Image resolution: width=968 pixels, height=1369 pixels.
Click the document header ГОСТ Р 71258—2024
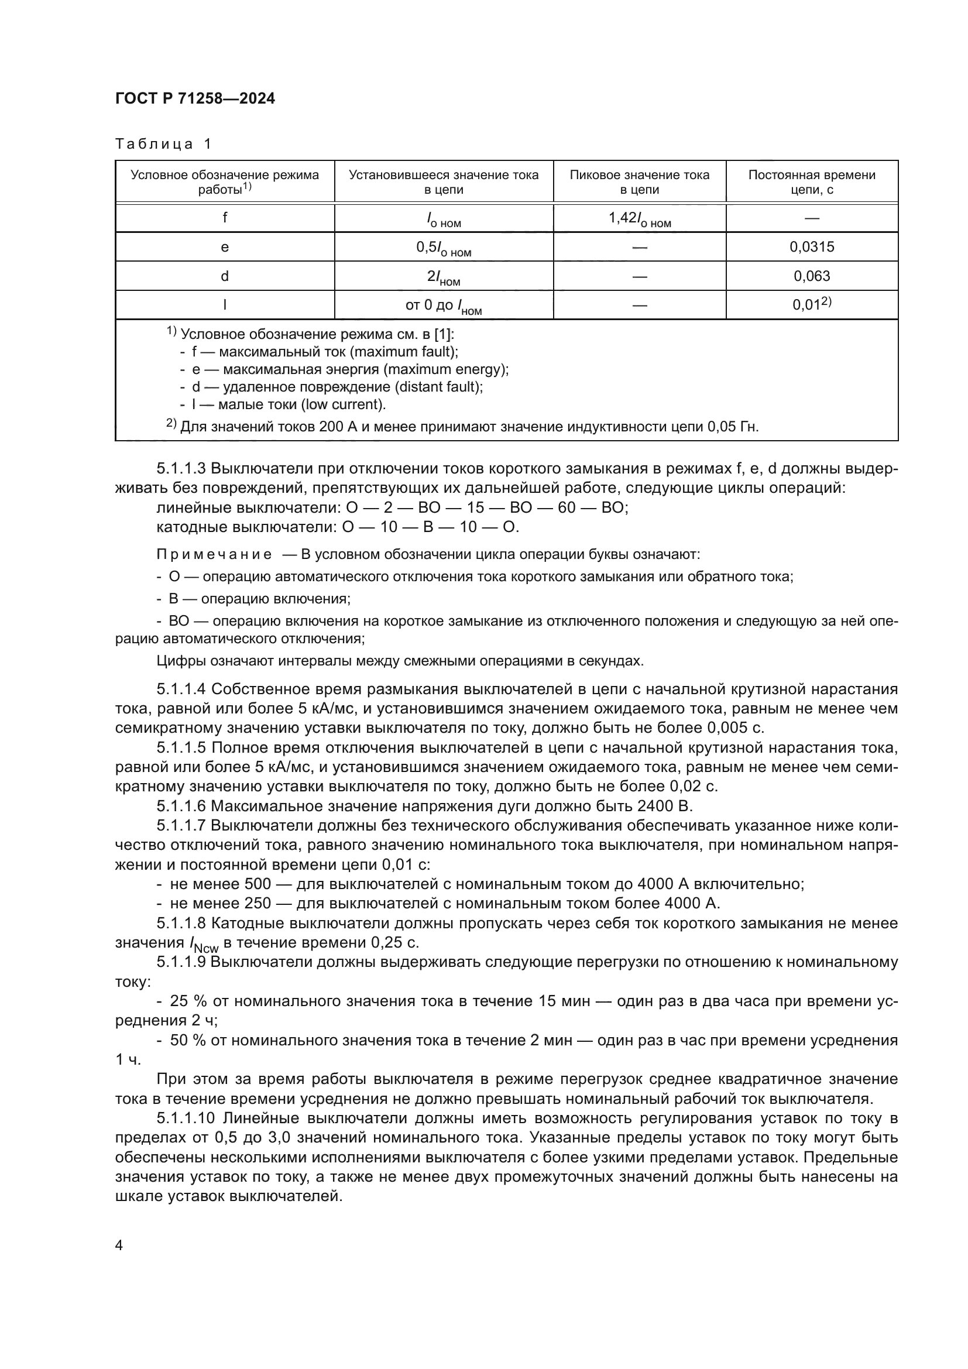coord(195,98)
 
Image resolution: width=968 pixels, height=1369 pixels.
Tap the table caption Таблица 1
coord(163,144)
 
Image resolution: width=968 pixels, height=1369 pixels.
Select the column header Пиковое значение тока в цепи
coord(639,182)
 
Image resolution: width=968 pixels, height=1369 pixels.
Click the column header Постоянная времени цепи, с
coord(811,182)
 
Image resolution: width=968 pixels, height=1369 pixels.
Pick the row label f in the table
coord(225,218)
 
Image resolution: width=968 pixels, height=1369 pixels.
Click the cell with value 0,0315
coord(812,247)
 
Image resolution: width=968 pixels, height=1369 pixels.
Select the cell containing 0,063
coord(812,276)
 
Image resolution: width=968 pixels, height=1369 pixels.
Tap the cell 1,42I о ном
coord(639,219)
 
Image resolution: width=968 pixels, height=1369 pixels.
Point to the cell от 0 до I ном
coord(444,307)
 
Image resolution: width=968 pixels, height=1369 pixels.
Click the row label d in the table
coord(225,276)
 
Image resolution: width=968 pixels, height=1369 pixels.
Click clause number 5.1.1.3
coord(181,469)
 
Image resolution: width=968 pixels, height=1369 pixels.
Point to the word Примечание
coord(214,554)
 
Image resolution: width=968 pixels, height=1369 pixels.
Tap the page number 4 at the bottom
coord(119,1245)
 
